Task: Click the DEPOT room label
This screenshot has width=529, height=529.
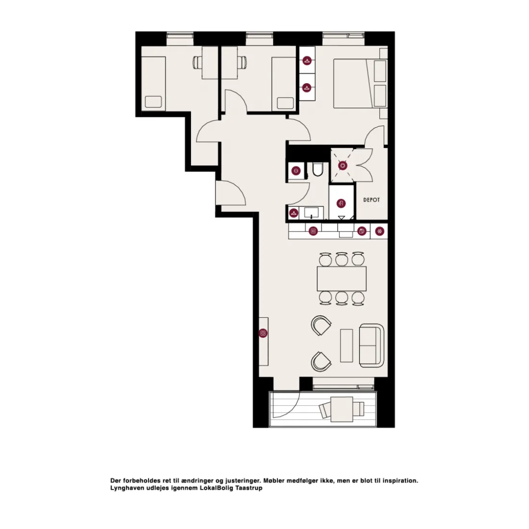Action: point(371,200)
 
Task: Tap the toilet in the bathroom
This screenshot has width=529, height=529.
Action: point(318,169)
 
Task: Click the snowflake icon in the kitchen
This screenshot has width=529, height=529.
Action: point(379,231)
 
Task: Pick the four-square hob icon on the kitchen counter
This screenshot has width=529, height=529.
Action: point(313,231)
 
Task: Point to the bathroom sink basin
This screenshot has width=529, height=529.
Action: point(311,213)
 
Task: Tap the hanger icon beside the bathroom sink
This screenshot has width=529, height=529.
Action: point(294,213)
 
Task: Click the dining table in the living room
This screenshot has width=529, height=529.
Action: point(341,278)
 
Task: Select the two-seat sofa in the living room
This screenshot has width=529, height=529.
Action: point(371,345)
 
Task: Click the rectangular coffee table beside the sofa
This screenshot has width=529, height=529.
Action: point(346,345)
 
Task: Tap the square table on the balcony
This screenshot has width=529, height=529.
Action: point(342,409)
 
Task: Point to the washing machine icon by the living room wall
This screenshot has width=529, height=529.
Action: point(263,333)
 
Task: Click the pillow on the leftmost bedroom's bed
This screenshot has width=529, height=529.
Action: point(153,102)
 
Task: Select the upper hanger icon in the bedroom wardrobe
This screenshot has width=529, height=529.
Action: point(307,61)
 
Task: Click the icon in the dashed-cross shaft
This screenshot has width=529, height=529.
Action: point(343,165)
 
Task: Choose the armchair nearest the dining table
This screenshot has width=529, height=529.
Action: point(321,325)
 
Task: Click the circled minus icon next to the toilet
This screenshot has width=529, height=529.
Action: point(296,171)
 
